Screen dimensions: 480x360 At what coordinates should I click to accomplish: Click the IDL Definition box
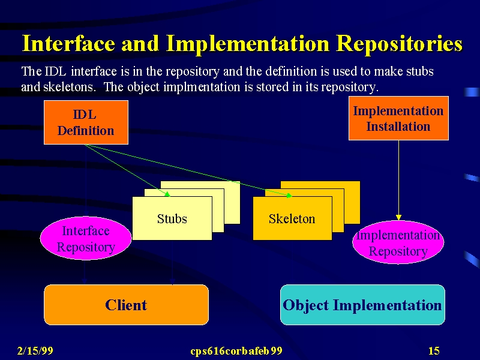(86, 122)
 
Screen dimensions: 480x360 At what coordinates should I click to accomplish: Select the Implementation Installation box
(398, 118)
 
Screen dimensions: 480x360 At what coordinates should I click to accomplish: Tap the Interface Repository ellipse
(86, 238)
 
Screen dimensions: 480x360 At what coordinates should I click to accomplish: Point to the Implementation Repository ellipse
(398, 242)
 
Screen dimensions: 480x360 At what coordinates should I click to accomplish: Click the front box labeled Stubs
(172, 218)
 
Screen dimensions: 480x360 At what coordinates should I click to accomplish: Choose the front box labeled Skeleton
(292, 218)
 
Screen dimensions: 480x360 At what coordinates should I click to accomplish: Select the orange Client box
(126, 305)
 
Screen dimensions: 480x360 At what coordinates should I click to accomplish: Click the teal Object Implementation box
(362, 305)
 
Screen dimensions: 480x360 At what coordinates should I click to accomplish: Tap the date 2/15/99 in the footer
(35, 351)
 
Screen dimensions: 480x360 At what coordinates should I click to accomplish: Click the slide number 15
(434, 351)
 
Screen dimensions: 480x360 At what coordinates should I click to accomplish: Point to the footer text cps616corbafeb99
(236, 351)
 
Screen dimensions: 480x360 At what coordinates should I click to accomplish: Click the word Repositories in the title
(399, 44)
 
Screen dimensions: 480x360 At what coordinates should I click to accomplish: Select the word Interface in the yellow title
(68, 43)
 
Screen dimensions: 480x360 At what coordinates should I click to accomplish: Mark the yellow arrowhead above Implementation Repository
(398, 217)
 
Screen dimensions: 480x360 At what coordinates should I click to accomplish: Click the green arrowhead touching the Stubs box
(167, 194)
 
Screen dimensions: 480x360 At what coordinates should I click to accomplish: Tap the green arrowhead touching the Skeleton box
(289, 196)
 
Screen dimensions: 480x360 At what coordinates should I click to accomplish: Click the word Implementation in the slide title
(248, 44)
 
